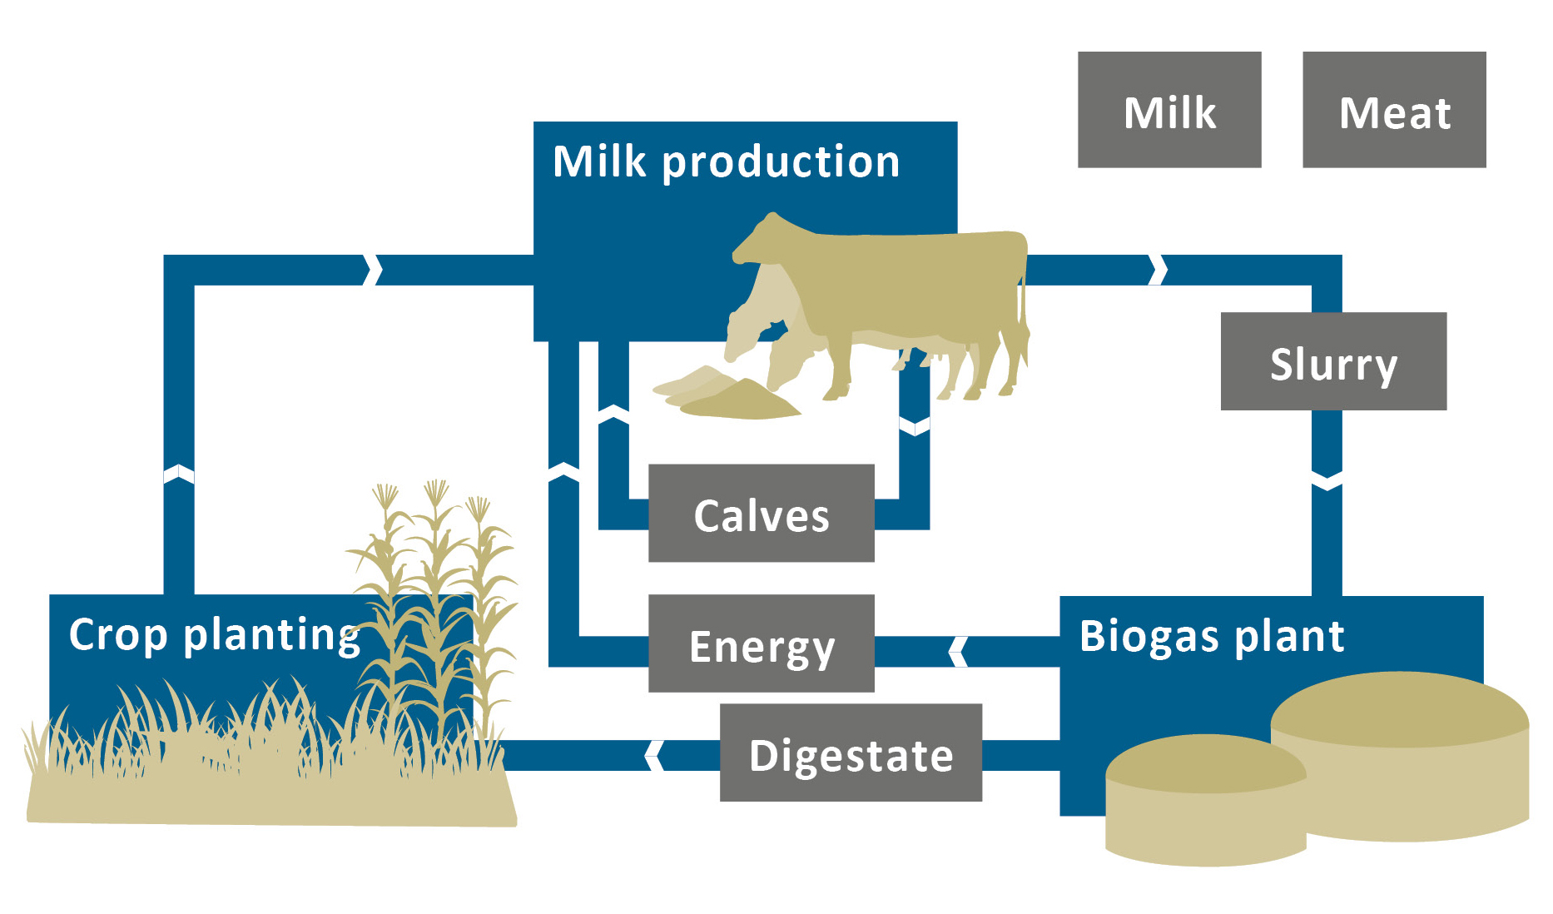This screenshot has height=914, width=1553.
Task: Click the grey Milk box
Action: pos(1168,110)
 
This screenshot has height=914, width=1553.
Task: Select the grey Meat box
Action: pos(1393,110)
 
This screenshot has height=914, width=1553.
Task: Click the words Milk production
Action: pos(726,161)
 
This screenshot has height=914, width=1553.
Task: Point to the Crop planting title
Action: pos(215,635)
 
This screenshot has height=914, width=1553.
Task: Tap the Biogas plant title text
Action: pos(1211,637)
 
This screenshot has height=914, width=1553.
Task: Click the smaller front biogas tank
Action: pos(1204,799)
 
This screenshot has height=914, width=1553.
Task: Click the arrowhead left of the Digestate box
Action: pos(654,755)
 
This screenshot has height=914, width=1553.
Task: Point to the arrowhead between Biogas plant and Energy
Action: pos(958,652)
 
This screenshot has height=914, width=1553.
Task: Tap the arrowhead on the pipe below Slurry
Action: pos(1327,481)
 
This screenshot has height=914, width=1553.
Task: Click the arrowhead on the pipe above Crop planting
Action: pos(179,474)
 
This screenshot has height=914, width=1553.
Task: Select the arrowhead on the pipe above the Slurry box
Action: pos(1158,270)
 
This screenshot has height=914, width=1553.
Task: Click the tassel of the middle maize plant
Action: pos(435,493)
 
